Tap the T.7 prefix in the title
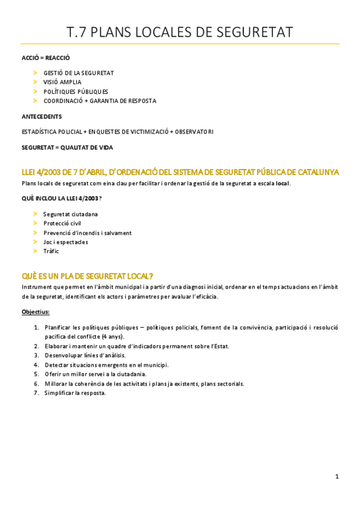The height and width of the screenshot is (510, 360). [x=78, y=31]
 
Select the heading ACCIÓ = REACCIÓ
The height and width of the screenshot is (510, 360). [x=46, y=58]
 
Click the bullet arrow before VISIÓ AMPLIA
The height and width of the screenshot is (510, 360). [x=35, y=82]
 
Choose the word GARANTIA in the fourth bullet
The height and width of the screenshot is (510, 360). [x=104, y=101]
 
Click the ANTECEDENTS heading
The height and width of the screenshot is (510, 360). [x=41, y=116]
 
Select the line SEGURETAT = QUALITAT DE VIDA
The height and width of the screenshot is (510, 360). [x=67, y=147]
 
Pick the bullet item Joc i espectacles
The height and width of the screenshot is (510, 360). [x=66, y=242]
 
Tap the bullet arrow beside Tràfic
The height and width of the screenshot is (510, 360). [x=35, y=251]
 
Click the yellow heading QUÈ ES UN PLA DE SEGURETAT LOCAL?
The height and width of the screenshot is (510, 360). [x=88, y=275]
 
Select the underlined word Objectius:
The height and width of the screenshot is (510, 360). [x=35, y=312]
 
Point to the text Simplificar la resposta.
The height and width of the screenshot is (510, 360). [x=75, y=393]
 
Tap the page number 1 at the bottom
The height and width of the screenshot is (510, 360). [x=337, y=476]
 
